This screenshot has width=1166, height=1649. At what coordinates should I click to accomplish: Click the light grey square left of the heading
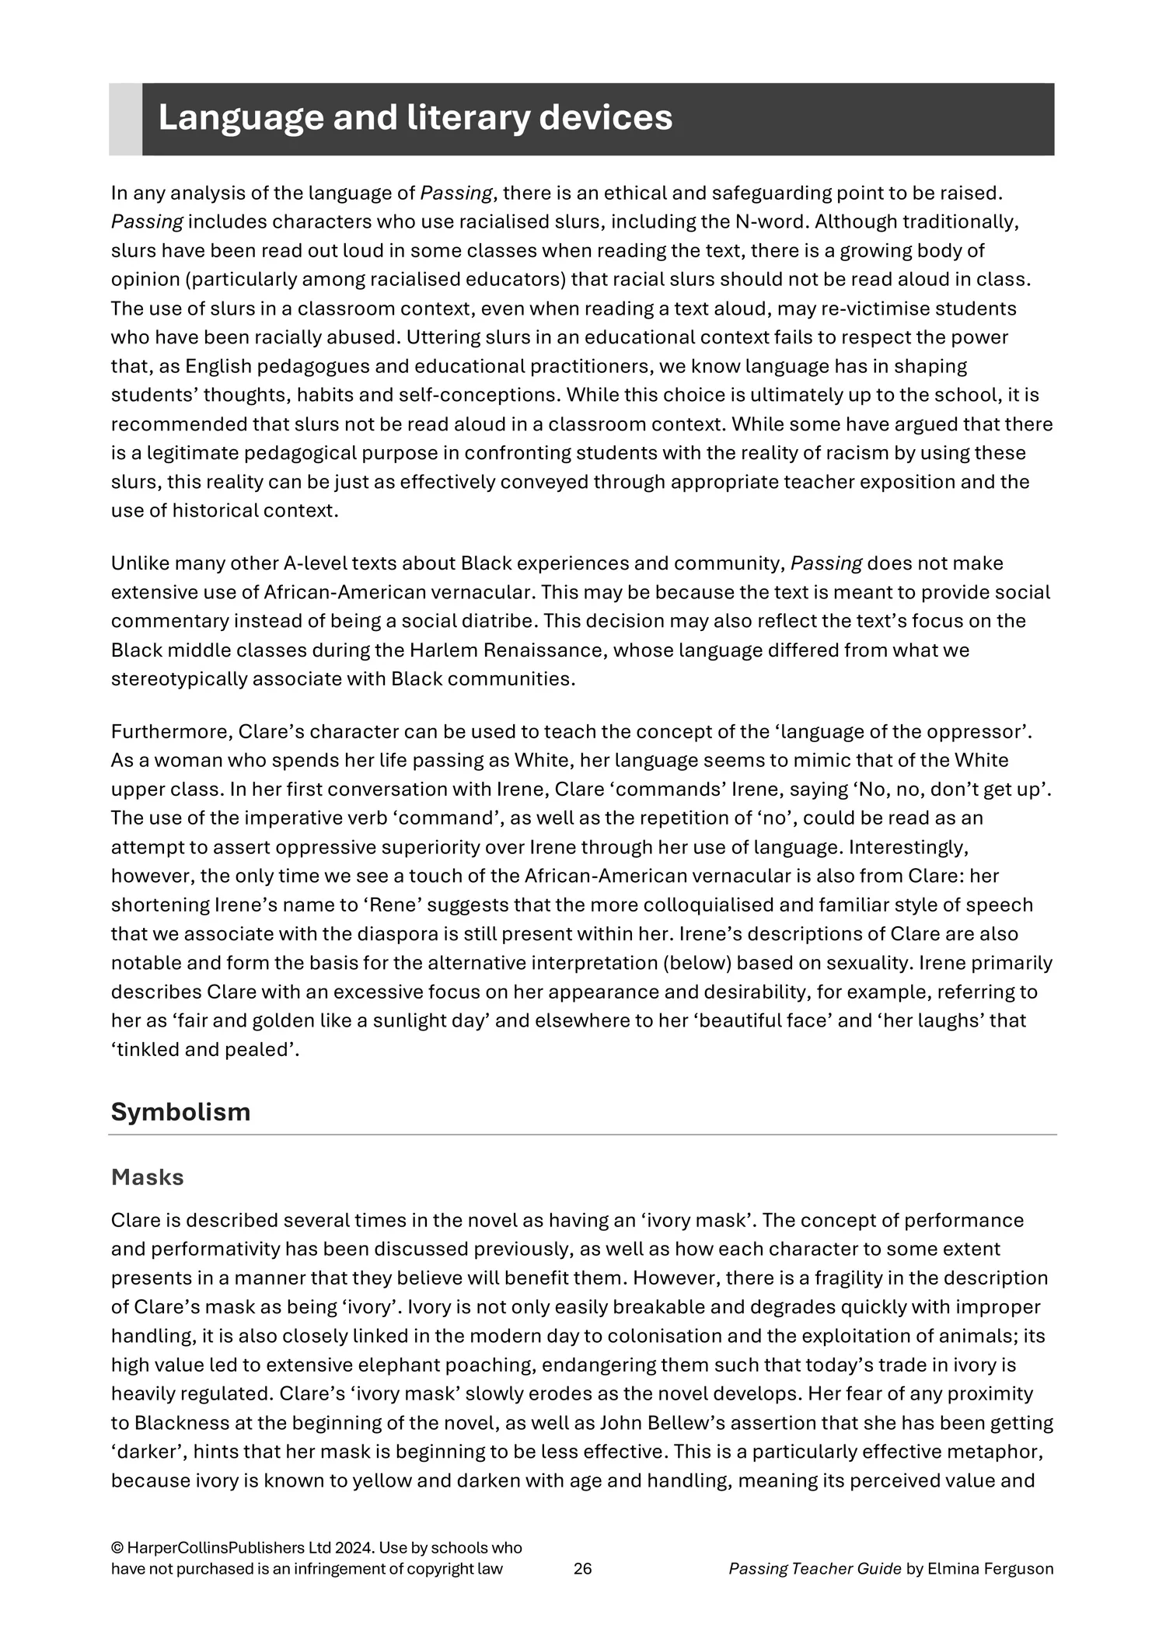(125, 119)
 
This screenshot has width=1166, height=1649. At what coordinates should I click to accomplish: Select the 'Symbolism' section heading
(180, 1111)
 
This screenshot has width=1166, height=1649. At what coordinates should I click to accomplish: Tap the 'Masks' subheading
(148, 1177)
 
